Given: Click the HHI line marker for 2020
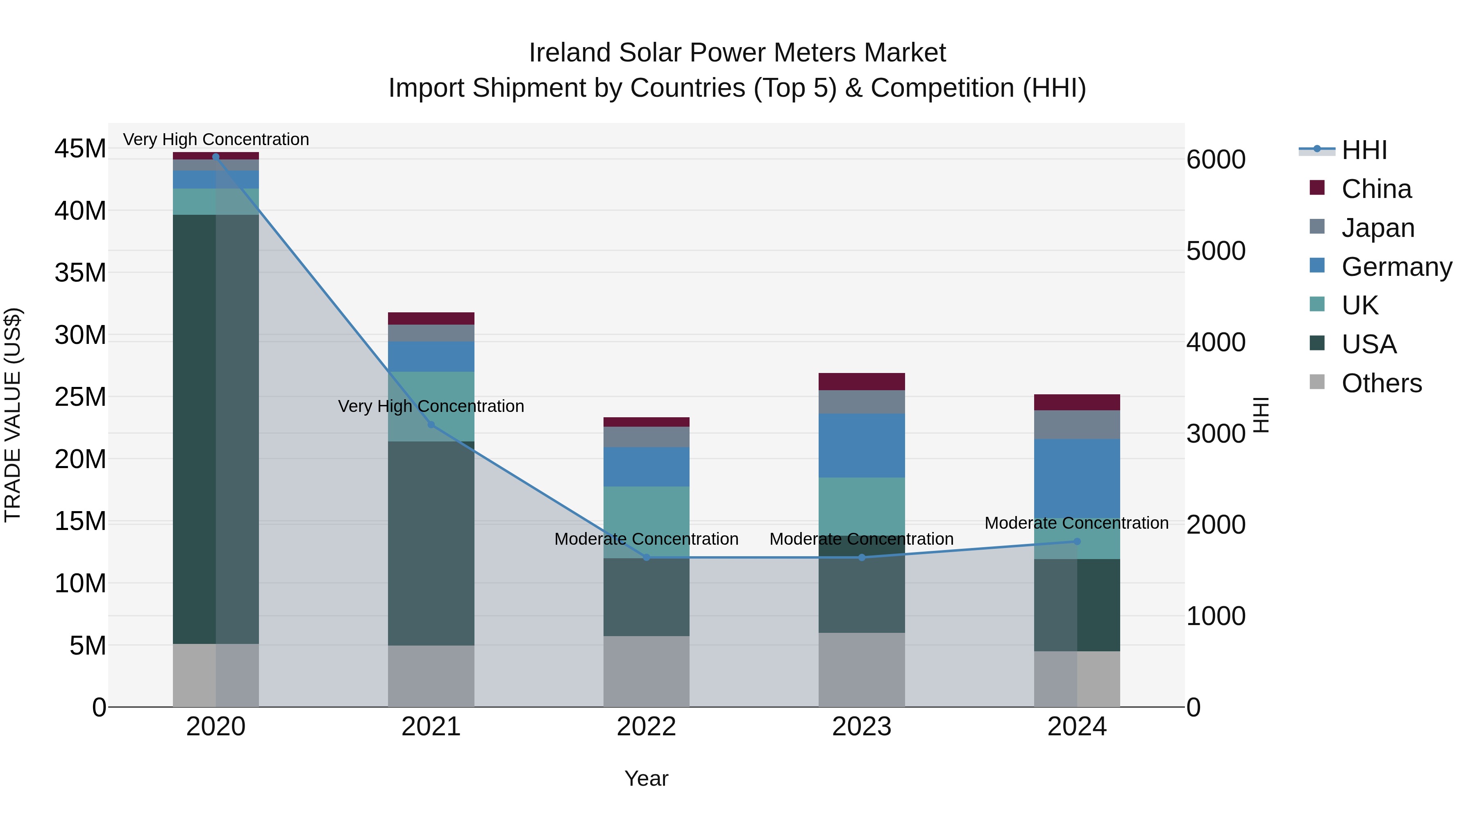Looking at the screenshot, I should click(216, 157).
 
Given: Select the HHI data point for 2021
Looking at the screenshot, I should click(431, 425).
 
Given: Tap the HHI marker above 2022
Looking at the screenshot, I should click(647, 557).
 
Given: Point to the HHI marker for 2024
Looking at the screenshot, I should click(1077, 541).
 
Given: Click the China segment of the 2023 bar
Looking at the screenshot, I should click(862, 382).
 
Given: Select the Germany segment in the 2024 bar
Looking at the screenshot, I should click(1077, 478).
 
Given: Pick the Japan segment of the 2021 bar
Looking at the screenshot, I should click(431, 333).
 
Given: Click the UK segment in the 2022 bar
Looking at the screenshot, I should click(647, 521).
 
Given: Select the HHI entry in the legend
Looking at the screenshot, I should click(1364, 150).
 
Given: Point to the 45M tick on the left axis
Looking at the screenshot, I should click(80, 149).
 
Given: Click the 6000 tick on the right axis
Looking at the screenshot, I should click(1216, 160).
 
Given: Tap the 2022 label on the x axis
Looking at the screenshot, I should click(647, 727).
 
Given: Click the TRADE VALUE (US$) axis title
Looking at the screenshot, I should click(13, 415).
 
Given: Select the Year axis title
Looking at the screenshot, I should click(647, 778).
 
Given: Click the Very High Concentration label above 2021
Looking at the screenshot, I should click(431, 406).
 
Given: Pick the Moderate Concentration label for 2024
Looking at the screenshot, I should click(1076, 523).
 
